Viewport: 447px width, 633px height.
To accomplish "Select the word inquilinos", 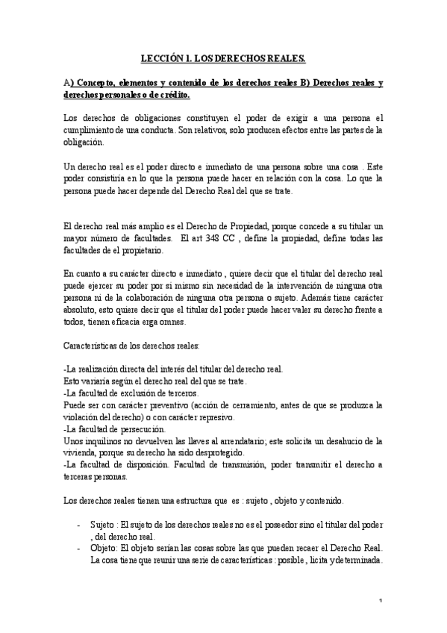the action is point(103,441).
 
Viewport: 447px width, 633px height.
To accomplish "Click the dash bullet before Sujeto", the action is point(79,525).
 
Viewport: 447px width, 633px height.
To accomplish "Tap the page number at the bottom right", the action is point(381,602).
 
